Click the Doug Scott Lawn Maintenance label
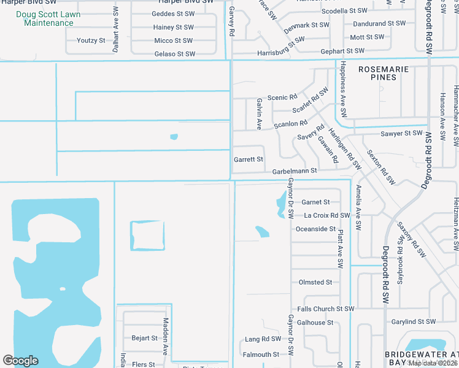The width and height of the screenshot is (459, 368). pos(48,18)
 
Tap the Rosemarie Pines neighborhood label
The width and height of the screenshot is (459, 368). pos(384,74)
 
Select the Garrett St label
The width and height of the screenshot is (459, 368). pos(249,159)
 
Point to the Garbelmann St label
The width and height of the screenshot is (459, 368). pos(295,171)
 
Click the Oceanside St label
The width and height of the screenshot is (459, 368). pos(315,229)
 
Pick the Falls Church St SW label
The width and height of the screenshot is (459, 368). pos(326,309)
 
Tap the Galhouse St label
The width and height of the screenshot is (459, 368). pos(315,323)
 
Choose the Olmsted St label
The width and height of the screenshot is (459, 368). pos(315,283)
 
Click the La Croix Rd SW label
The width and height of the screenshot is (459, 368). pos(327,216)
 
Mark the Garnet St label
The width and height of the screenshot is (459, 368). pos(315,202)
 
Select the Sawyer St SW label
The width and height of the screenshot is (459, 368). pos(401,133)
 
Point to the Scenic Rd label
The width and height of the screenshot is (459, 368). pos(282,98)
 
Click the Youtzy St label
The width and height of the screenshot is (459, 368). pos(91,40)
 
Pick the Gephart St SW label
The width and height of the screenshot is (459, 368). pos(347,52)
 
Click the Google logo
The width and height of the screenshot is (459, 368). pos(20,361)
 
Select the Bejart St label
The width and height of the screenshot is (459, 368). pos(145,338)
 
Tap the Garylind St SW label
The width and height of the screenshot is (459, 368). pos(412,322)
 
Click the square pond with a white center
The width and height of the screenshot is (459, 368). pos(147,236)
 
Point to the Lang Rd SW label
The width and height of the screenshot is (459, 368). pos(263,339)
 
